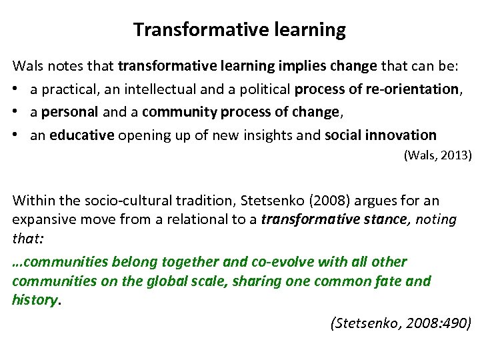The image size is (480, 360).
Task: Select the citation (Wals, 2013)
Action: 438,155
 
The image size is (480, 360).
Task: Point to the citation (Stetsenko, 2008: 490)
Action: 401,324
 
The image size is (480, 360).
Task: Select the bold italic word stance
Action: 384,219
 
